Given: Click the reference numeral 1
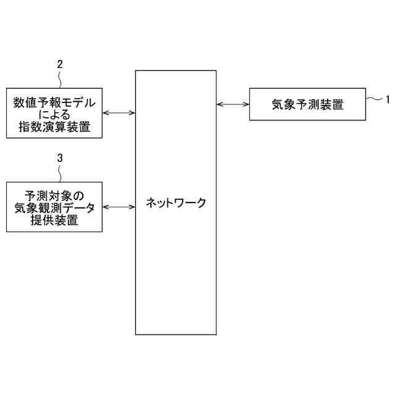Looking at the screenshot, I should (x=388, y=98).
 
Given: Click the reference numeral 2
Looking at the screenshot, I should (x=60, y=64).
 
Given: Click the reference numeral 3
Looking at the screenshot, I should (x=60, y=158).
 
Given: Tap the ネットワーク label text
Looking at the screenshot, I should (x=176, y=202).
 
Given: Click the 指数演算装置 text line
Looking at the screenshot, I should (x=54, y=128).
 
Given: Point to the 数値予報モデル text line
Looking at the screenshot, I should (x=54, y=102).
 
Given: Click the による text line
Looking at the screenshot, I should (x=54, y=115).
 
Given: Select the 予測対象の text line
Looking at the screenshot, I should (x=54, y=195).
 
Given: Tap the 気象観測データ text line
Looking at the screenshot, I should (x=54, y=208).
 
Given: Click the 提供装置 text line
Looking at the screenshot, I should (x=54, y=221).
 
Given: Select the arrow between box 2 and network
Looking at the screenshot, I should (x=118, y=113).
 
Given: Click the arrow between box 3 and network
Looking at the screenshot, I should (x=118, y=207).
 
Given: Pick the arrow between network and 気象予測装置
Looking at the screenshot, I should (x=233, y=104).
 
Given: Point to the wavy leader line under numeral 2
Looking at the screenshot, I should (x=60, y=78).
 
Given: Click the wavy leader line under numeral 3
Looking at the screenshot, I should (x=60, y=172).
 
